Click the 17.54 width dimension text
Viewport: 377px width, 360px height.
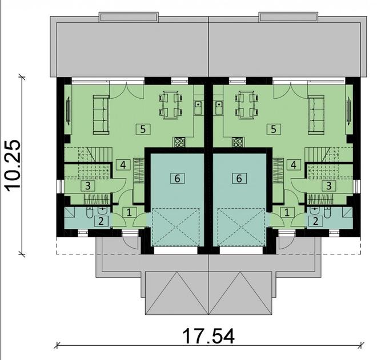[x=208, y=336]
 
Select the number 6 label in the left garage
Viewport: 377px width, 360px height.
[x=177, y=179]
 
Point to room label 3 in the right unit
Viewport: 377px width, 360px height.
[x=329, y=185]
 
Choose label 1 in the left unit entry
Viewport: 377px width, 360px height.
[x=129, y=212]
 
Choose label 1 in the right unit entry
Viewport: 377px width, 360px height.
[x=287, y=212]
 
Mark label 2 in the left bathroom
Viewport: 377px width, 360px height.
[x=101, y=221]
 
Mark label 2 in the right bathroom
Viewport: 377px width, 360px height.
[x=315, y=221]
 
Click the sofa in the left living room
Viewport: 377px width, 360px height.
[x=101, y=114]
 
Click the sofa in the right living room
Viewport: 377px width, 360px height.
[x=316, y=114]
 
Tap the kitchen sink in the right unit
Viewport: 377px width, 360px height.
[x=218, y=106]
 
